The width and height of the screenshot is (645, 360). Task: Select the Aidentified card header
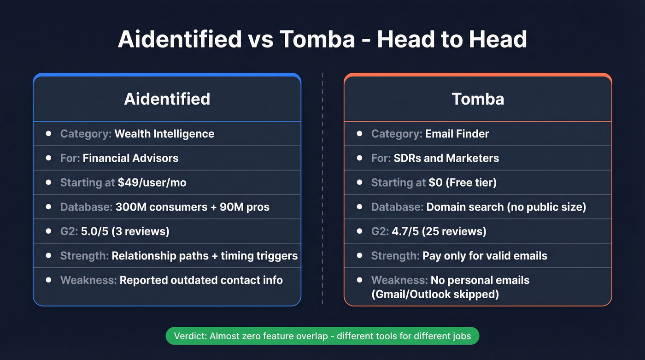(167, 99)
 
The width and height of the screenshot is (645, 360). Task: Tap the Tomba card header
(478, 99)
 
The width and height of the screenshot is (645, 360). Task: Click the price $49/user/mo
(152, 183)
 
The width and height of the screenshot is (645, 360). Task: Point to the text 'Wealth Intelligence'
(164, 134)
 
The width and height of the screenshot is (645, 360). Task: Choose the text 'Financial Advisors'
(130, 158)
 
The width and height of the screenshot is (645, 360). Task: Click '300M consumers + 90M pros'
(192, 207)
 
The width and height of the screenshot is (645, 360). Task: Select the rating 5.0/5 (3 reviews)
(125, 231)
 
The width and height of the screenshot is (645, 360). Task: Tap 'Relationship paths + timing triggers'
(205, 256)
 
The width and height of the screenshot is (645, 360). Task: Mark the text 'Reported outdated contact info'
(201, 280)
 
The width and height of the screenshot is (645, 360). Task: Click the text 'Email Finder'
(457, 134)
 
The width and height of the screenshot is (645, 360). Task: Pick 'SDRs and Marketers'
(446, 158)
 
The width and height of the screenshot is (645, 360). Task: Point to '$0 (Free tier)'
(463, 183)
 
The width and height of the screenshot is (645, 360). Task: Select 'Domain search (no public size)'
(506, 207)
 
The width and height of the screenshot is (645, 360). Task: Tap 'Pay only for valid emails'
(485, 256)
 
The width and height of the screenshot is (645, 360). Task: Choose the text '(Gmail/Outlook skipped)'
(435, 294)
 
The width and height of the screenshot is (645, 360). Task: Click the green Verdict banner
(322, 336)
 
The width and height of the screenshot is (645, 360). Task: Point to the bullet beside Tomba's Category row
(359, 134)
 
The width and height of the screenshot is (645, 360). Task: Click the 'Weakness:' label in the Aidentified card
(88, 280)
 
